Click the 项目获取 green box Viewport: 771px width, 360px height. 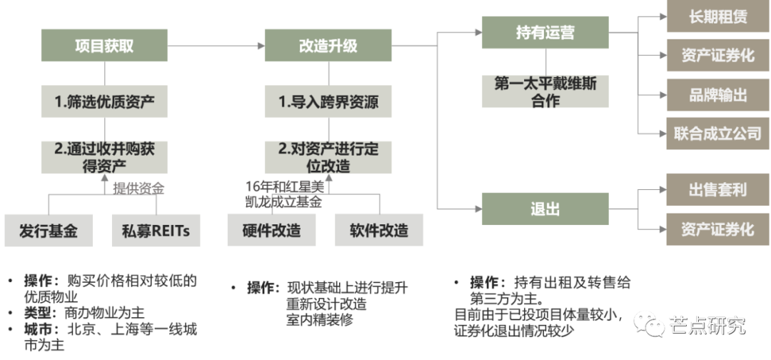[104, 45]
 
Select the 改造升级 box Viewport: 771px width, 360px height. [328, 45]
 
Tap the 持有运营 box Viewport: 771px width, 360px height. [545, 32]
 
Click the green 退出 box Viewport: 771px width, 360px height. [545, 209]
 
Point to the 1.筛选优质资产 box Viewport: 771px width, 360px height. [104, 101]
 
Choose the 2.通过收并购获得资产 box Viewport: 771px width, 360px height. [104, 157]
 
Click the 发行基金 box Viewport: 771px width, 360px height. [49, 230]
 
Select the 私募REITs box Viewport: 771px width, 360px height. [156, 230]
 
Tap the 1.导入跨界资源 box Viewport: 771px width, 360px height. [328, 101]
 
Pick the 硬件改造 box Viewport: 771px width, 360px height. [271, 230]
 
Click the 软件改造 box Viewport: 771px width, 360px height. [378, 230]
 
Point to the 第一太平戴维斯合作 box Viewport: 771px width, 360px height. [545, 91]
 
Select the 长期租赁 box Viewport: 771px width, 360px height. [718, 16]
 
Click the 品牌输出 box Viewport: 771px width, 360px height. [718, 95]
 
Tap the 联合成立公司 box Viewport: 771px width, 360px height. [718, 134]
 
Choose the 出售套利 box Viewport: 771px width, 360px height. [718, 189]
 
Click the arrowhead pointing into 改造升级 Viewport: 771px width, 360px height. [261, 46]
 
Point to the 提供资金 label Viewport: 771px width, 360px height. [138, 189]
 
